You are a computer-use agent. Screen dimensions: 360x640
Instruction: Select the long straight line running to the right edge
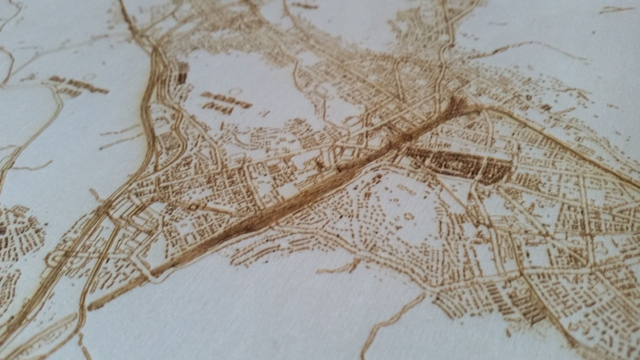[x=567, y=147]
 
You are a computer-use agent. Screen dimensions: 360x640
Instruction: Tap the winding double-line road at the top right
[x=447, y=40]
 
